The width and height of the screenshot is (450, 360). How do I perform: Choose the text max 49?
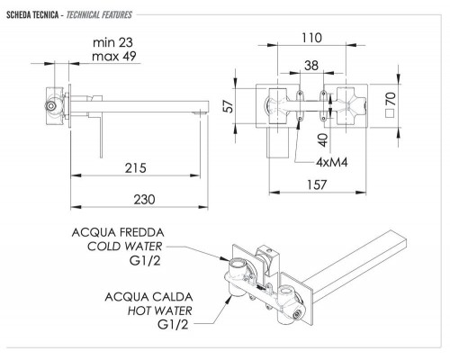click(118, 57)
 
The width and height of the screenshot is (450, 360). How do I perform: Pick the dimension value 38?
click(310, 66)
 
